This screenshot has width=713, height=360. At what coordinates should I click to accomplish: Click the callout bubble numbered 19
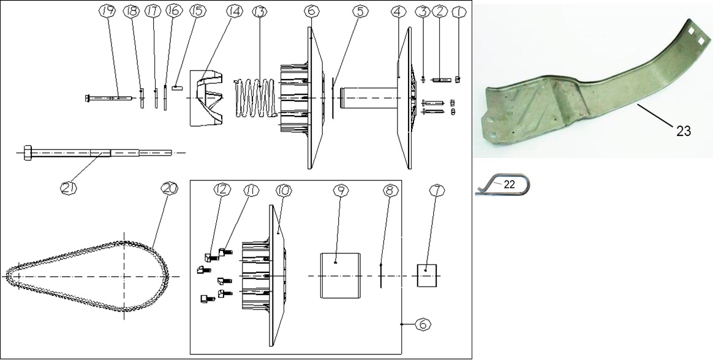pyautogui.click(x=107, y=12)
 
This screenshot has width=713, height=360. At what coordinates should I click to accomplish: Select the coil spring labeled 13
pyautogui.click(x=256, y=98)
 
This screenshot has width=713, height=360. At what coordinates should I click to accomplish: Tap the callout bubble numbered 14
pyautogui.click(x=234, y=12)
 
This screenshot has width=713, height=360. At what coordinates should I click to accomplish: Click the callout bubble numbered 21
pyautogui.click(x=68, y=188)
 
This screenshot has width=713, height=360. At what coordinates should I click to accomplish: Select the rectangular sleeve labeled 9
pyautogui.click(x=341, y=276)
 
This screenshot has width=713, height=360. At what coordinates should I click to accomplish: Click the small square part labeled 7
pyautogui.click(x=427, y=276)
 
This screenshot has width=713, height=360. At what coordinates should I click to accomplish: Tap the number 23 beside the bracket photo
pyautogui.click(x=684, y=131)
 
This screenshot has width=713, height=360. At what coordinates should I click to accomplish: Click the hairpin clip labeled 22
pyautogui.click(x=502, y=184)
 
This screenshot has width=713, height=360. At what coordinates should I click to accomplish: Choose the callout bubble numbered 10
pyautogui.click(x=283, y=190)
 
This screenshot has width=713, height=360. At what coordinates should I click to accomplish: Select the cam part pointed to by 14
pyautogui.click(x=207, y=98)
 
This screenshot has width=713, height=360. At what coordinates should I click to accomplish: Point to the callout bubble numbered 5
pyautogui.click(x=360, y=12)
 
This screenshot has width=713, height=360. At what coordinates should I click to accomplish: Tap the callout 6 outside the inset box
pyautogui.click(x=423, y=324)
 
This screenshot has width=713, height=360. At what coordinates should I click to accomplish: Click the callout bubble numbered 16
pyautogui.click(x=173, y=12)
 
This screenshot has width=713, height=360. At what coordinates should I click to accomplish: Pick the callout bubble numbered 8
pyautogui.click(x=390, y=190)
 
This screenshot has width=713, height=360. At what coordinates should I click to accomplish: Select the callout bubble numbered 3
pyautogui.click(x=423, y=12)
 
